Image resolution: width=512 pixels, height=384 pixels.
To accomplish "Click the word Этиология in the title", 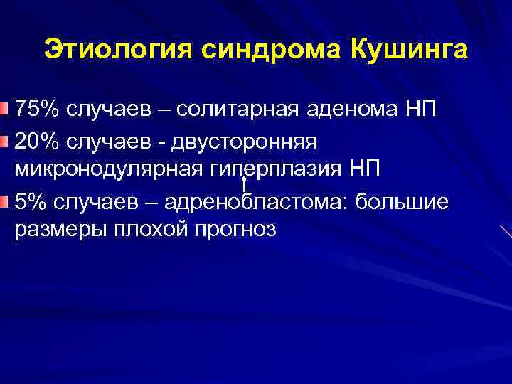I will click(x=117, y=50).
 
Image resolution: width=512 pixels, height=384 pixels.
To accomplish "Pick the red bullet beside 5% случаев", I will click(x=6, y=202).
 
